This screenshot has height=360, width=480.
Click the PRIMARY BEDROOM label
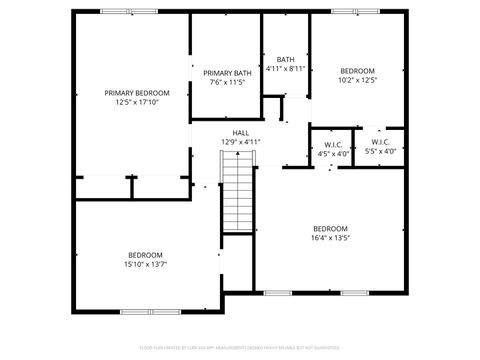click(137, 92)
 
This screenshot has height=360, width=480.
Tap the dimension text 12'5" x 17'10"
click(137, 101)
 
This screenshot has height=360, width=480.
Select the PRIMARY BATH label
click(227, 73)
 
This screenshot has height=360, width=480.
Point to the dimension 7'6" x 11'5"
click(227, 82)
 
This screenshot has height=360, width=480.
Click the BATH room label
click(285, 59)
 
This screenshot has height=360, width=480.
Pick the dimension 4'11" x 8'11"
click(285, 69)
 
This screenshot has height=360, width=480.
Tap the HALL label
click(240, 133)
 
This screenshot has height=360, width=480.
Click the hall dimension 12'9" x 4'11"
click(240, 142)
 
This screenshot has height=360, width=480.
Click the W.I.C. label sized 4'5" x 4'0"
click(333, 145)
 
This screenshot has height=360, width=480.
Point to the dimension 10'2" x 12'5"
click(357, 80)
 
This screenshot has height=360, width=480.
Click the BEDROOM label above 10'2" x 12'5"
click(357, 70)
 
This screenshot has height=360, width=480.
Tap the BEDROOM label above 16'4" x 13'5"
click(330, 228)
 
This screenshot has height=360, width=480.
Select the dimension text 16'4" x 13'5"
click(330, 238)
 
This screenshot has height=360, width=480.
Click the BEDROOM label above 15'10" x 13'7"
click(145, 255)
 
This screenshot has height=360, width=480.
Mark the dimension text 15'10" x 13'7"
click(145, 265)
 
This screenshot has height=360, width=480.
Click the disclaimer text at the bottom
click(240, 349)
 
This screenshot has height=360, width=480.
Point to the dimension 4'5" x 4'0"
click(333, 154)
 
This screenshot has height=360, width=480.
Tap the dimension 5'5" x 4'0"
click(380, 152)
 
